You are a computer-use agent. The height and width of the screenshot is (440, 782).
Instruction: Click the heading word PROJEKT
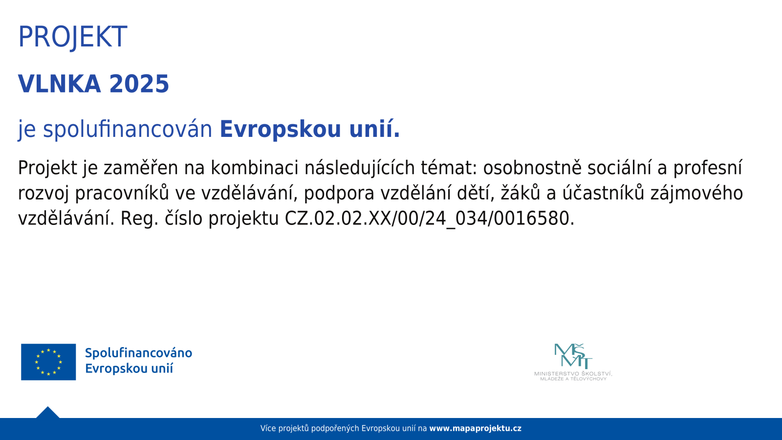[x=73, y=37]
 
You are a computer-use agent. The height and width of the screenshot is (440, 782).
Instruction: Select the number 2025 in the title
[x=139, y=84]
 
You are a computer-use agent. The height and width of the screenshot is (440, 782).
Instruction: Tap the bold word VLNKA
[x=59, y=84]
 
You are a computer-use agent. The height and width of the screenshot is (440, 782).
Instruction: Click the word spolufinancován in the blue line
[x=128, y=129]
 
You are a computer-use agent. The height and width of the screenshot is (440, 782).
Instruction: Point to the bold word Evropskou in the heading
[x=281, y=129]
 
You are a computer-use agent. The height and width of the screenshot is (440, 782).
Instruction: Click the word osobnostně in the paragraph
[x=532, y=168]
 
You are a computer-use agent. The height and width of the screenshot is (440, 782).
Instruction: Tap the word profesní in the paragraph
[x=707, y=168]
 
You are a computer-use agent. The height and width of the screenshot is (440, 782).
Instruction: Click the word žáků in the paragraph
[x=521, y=193]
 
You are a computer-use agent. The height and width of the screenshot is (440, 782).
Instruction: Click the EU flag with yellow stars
[x=48, y=362]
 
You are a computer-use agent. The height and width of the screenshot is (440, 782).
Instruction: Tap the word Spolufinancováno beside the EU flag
[x=139, y=353]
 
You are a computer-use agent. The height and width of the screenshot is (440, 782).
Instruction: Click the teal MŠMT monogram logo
[x=573, y=356]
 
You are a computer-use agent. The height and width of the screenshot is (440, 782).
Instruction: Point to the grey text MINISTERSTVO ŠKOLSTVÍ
[x=573, y=374]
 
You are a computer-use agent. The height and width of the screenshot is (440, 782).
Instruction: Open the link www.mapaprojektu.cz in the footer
[x=475, y=428]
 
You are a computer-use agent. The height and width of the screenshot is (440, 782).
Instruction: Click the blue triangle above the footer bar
[x=48, y=413]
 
